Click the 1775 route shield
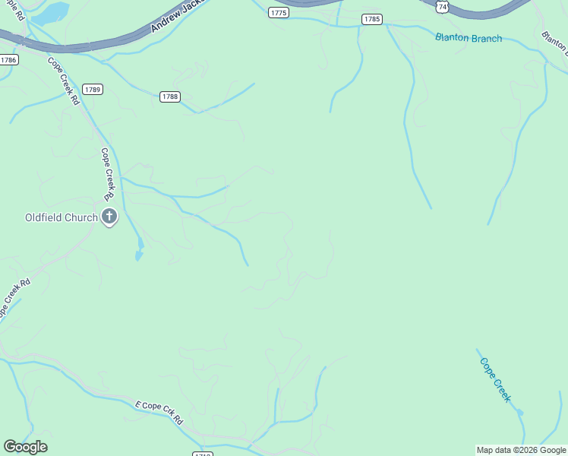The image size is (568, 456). click(279, 13)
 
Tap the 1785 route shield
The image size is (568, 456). click(371, 19)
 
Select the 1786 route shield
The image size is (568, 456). click(8, 59)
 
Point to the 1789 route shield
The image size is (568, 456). click(93, 89)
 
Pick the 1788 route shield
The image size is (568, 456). click(170, 97)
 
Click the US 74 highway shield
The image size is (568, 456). click(442, 5)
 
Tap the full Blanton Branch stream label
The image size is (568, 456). click(469, 38)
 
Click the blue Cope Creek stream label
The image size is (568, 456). click(496, 379)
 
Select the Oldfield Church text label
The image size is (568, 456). click(61, 217)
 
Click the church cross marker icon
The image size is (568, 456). click(109, 217)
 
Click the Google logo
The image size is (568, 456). click(25, 447)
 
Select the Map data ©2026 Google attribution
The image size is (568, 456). click(521, 450)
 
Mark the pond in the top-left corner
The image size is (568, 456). click(52, 13)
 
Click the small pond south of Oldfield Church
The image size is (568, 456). click(139, 249)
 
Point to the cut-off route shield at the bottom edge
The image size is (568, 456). click(203, 454)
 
